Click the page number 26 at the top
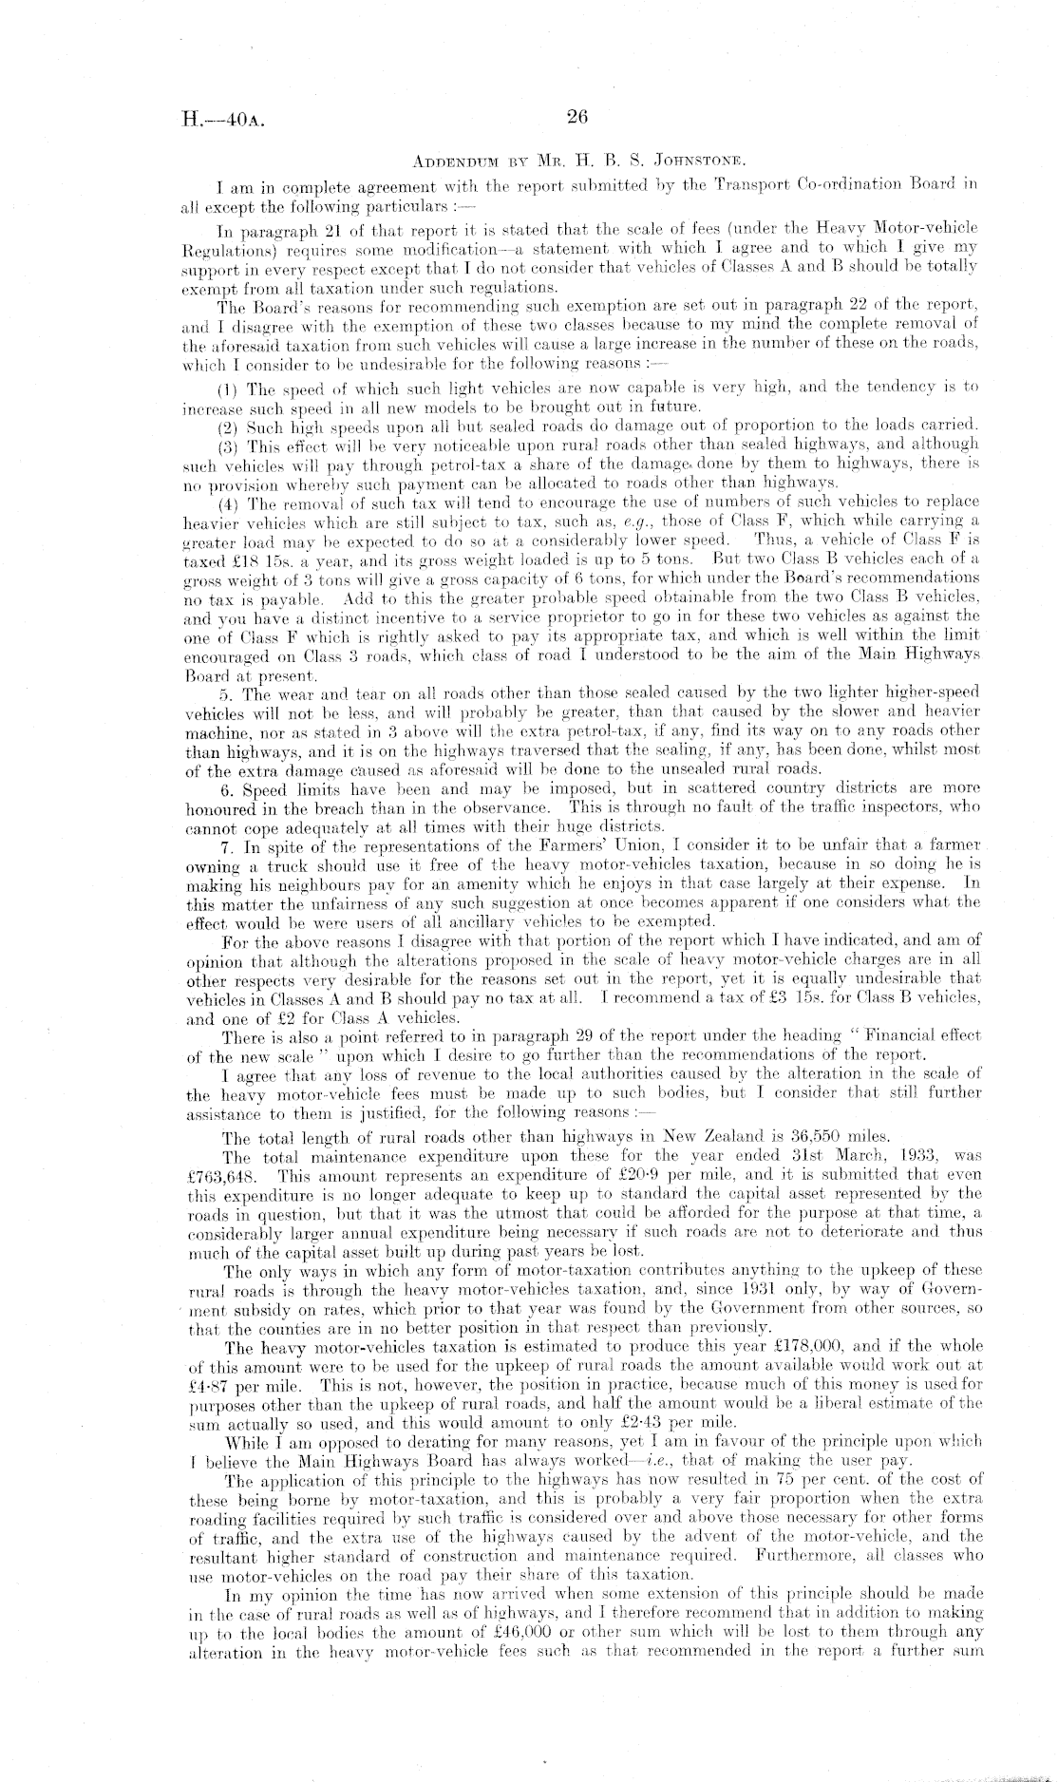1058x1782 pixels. [x=576, y=118]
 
